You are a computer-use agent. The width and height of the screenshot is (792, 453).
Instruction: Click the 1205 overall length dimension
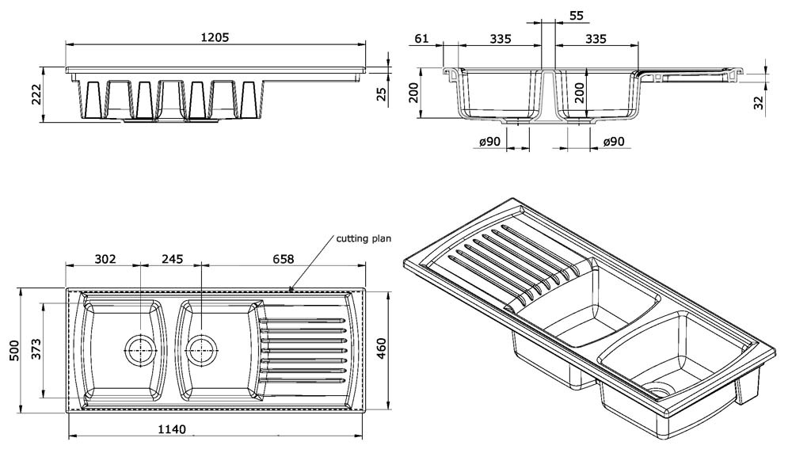click(215, 38)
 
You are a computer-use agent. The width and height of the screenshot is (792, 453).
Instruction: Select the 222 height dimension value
click(36, 95)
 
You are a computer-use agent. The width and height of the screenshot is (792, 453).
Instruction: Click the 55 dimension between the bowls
click(576, 15)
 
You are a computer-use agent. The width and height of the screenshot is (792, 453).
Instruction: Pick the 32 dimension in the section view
click(759, 102)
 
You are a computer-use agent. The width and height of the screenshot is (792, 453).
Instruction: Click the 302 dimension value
click(105, 258)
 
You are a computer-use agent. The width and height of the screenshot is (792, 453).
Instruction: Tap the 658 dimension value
click(284, 258)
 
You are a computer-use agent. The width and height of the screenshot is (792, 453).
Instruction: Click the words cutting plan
click(364, 238)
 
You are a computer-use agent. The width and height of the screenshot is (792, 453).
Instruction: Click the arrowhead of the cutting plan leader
click(291, 291)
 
